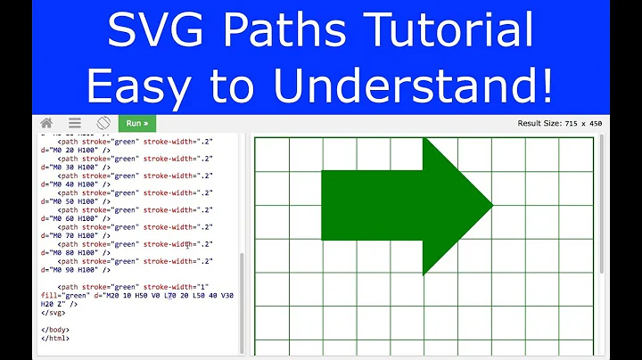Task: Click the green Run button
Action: [136, 124]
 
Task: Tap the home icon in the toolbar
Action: [46, 124]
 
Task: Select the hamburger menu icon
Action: [75, 124]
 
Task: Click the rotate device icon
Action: [103, 124]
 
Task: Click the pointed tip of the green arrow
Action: [492, 206]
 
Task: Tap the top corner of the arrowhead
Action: [424, 137]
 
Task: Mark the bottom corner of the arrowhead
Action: [424, 274]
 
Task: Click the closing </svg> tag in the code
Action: [53, 313]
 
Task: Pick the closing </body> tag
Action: [56, 330]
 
